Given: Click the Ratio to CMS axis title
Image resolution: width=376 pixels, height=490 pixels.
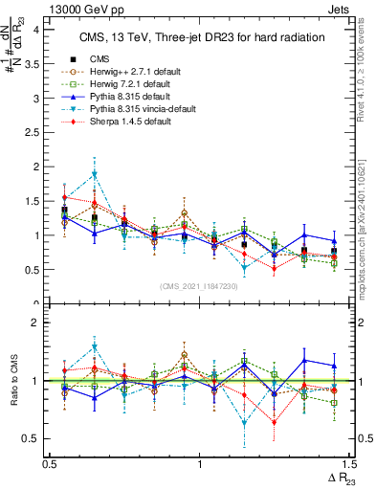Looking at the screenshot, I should coord(13,381).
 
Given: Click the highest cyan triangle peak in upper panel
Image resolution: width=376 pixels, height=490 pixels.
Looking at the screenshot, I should coord(95,174).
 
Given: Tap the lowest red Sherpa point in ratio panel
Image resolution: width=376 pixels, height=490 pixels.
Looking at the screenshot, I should coord(275,422).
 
